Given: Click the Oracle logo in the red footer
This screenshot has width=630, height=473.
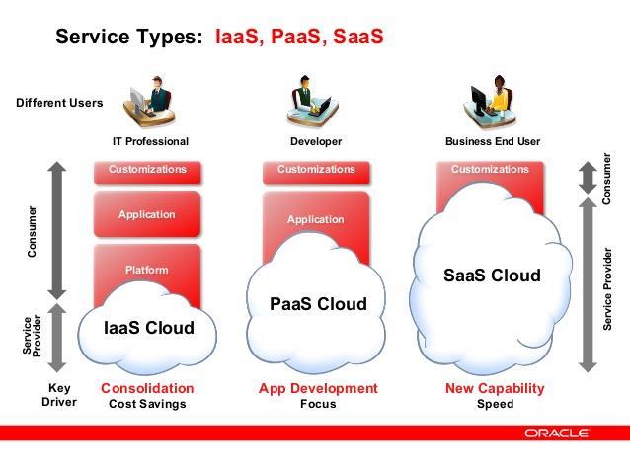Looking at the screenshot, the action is point(556,433).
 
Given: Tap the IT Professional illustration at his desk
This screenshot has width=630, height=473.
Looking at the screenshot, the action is point(149,102).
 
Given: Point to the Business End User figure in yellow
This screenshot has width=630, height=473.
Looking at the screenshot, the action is point(490,102).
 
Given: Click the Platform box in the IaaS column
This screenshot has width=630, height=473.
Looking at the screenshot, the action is point(147,270).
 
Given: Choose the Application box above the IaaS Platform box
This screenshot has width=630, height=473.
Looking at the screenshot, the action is point(147,214).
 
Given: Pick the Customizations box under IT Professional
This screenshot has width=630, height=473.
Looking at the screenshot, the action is point(147,173).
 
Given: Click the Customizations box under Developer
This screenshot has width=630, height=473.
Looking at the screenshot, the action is point(316,173).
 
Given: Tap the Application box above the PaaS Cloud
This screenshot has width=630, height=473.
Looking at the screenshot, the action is point(316,219).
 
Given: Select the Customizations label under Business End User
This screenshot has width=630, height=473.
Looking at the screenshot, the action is point(490,169).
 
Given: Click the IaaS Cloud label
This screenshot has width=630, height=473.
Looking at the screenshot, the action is point(149,328).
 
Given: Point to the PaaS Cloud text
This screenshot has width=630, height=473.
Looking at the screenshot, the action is point(318,304).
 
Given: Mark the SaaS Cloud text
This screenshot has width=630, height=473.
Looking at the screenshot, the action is point(492,276).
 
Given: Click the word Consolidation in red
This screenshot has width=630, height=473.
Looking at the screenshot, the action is point(147,388).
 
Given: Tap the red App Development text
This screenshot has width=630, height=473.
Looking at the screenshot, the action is point(318,389).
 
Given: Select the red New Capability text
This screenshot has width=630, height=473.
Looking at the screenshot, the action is point(495,389).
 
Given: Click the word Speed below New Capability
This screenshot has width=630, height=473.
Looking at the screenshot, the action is point(495,404).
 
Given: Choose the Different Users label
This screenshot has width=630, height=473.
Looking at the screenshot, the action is point(59,103).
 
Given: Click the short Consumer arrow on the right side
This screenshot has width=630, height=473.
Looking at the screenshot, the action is point(588,177).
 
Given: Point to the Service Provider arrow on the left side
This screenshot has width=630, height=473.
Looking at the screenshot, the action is point(57,338).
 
